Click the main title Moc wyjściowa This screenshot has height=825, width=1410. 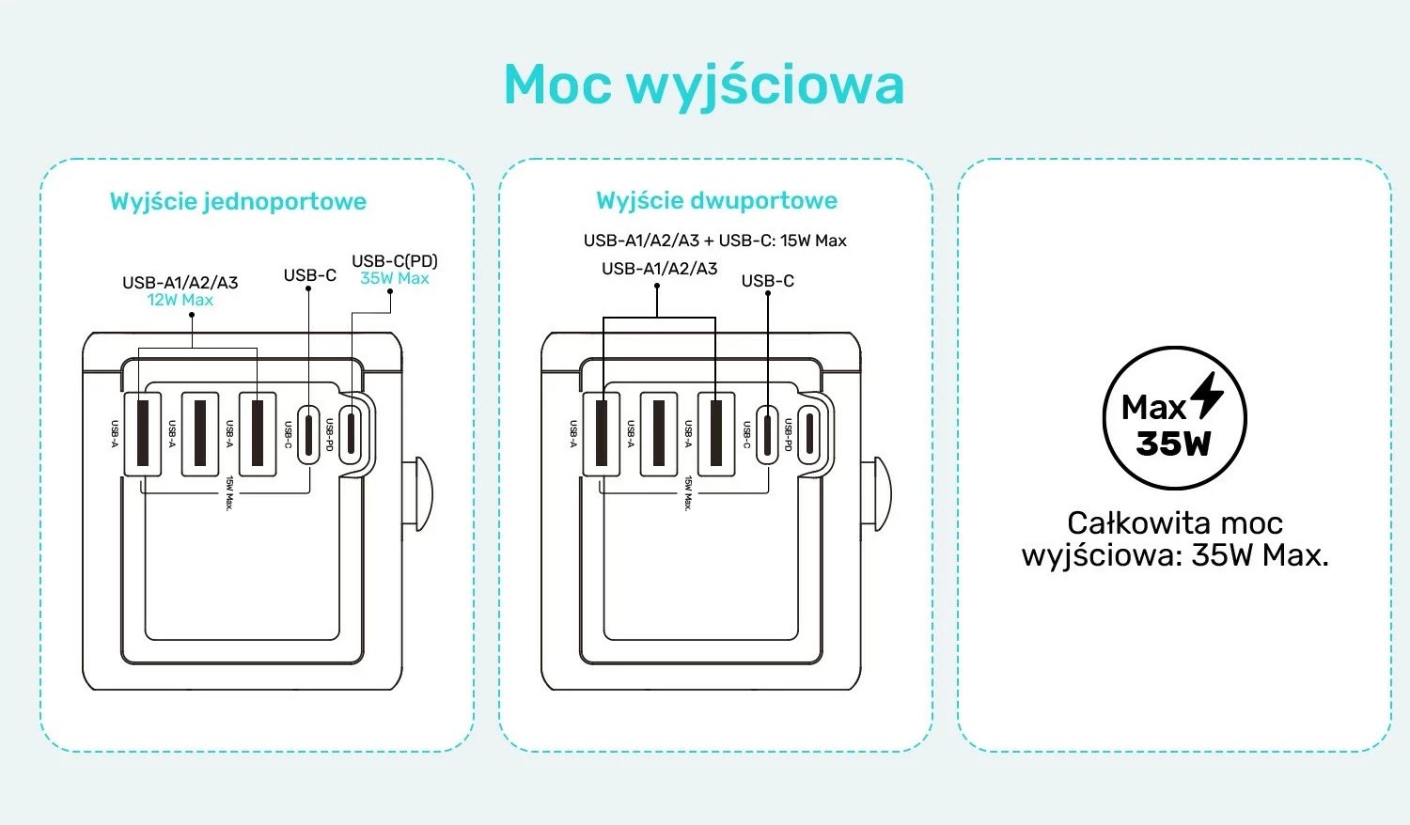tap(704, 85)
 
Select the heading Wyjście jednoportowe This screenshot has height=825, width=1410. tap(238, 201)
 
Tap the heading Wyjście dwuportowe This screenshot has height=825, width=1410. tap(716, 200)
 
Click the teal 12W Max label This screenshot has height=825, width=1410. tap(180, 300)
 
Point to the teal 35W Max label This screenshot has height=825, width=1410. tap(395, 278)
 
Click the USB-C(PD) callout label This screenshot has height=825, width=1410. tap(395, 260)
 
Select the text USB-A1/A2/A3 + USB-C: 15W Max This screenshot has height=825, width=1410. tap(714, 241)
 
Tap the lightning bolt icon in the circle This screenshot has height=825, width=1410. tap(1207, 395)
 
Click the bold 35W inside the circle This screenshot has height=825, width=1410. tap(1173, 443)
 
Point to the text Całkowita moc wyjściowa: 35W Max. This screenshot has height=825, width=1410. tap(1175, 538)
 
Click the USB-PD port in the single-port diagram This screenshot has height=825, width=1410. tap(351, 432)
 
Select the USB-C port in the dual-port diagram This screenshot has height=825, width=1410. tap(769, 433)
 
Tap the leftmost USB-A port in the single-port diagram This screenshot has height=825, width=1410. tap(143, 432)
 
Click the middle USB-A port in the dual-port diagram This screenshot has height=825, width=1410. tap(659, 433)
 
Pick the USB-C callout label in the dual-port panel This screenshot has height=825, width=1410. tap(767, 281)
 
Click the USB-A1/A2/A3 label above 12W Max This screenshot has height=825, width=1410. tap(180, 282)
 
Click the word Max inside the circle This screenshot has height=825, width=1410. tap(1154, 408)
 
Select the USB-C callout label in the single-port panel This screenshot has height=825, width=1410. tap(310, 275)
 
